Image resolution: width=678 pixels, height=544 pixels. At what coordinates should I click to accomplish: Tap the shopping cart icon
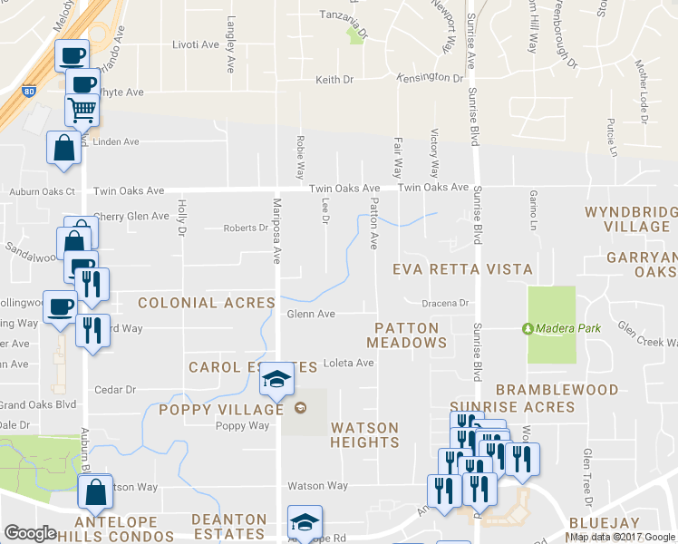coord(82,110)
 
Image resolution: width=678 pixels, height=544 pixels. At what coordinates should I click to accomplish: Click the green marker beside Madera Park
coord(528,328)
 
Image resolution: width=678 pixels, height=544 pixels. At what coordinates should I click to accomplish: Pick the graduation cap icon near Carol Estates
coord(276,381)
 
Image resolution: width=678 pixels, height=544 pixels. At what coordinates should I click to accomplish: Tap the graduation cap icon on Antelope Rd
coord(305,522)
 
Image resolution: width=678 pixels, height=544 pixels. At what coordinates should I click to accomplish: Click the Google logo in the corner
coord(30,533)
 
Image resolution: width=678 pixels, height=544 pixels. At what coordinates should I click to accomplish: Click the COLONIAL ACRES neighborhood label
coord(206,303)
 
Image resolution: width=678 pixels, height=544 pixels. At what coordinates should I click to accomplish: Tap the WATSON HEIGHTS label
coord(364,435)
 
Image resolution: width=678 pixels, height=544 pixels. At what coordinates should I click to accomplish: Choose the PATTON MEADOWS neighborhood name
coord(407,335)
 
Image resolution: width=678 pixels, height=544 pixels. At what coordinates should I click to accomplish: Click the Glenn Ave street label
coord(311,315)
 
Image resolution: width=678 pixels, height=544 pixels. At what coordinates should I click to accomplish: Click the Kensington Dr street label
coord(430,79)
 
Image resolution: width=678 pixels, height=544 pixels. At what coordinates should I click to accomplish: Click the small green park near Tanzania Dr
coord(354,35)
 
